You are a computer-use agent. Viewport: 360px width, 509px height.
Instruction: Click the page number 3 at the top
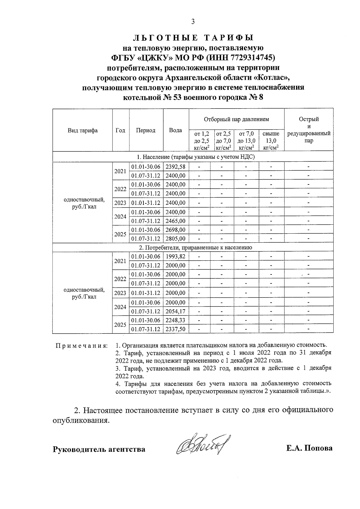(193, 22)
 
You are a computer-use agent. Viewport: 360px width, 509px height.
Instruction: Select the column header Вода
(175, 130)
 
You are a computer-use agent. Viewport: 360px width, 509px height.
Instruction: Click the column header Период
(146, 130)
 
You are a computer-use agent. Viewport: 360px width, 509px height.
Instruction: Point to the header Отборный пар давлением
(236, 119)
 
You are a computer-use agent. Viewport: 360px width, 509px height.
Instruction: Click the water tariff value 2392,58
(175, 167)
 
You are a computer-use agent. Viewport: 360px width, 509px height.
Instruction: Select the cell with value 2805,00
(175, 239)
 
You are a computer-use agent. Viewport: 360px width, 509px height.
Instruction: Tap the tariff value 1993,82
(175, 256)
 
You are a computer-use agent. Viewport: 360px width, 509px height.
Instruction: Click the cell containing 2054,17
(175, 311)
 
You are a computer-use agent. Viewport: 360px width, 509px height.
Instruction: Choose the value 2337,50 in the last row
(175, 329)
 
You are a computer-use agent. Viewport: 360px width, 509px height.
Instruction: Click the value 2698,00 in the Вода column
(175, 230)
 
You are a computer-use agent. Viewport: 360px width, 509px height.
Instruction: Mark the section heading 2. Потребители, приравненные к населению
(195, 248)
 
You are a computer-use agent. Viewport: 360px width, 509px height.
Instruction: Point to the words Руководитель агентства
(99, 449)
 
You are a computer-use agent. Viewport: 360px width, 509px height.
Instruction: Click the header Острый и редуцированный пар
(309, 130)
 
